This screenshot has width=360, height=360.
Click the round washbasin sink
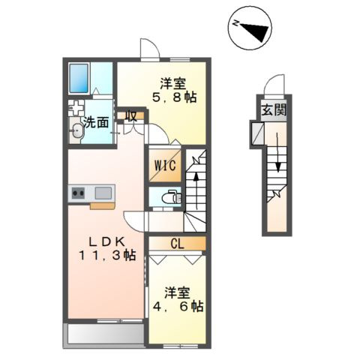[x=76, y=132]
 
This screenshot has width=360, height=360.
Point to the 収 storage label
[x=130, y=117]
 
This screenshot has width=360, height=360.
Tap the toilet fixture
[x=170, y=199]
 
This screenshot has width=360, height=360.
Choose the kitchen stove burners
[x=79, y=193]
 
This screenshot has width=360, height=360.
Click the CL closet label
[x=176, y=243]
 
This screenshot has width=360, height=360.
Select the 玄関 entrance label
[x=272, y=110]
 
